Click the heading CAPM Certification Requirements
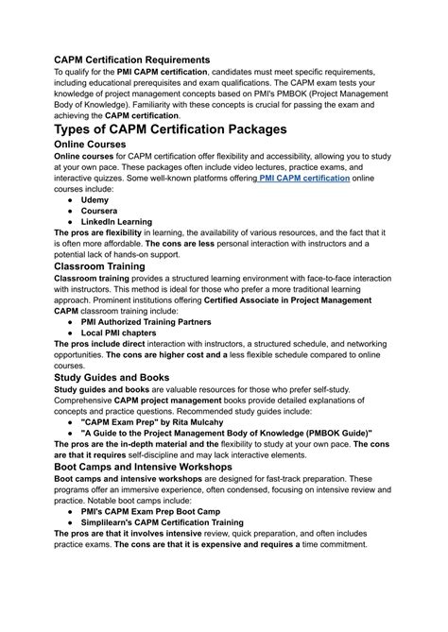click(131, 60)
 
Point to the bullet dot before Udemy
click(72, 200)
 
